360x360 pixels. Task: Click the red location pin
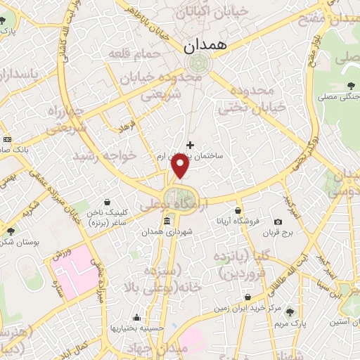tap(181, 166)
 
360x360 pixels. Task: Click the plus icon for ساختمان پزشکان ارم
tap(190, 145)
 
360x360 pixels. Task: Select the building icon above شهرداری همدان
tap(167, 222)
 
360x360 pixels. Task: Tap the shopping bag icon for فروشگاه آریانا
tap(239, 210)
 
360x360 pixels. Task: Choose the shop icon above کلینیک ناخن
tap(106, 202)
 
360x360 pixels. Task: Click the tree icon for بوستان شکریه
tap(9, 230)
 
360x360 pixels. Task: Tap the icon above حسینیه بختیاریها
tap(136, 317)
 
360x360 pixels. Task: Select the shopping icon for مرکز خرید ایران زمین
tap(247, 297)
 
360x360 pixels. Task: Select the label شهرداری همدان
tap(166, 233)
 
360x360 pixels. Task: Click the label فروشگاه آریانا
tap(240, 220)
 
